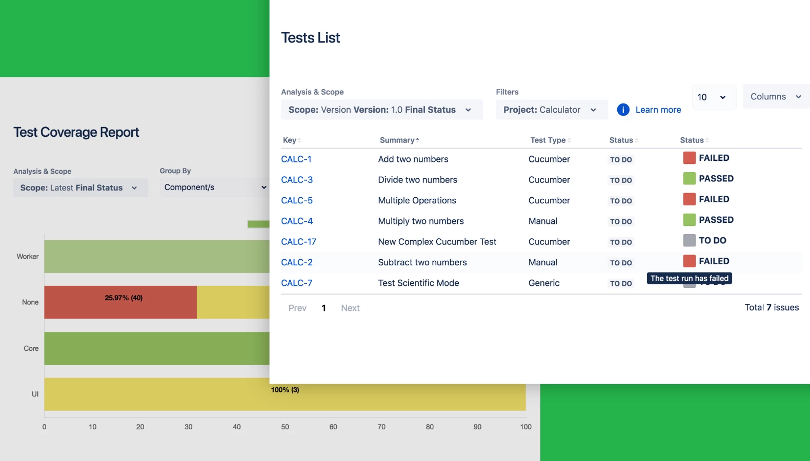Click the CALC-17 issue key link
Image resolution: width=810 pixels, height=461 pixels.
[298, 242]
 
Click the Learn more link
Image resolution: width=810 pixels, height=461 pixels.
[658, 110]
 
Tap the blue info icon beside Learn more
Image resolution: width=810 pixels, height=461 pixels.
[623, 110]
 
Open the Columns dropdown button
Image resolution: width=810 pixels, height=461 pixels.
[775, 97]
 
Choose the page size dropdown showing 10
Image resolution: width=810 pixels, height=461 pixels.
[713, 97]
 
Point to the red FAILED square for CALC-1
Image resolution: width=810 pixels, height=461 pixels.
[689, 158]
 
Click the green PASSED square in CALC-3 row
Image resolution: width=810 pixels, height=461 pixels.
[689, 178]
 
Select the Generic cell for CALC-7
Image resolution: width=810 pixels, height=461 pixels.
[544, 283]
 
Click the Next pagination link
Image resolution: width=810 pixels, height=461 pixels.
[350, 308]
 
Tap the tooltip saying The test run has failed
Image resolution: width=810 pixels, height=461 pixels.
[689, 279]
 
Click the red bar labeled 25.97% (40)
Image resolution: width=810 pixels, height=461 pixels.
[120, 302]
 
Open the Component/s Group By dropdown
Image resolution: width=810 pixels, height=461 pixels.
[215, 187]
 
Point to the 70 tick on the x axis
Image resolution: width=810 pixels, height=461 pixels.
[381, 427]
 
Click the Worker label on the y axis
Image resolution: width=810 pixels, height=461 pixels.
[28, 257]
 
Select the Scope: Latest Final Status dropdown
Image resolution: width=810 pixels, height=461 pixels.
[80, 188]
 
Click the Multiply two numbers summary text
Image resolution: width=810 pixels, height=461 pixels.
[420, 221]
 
